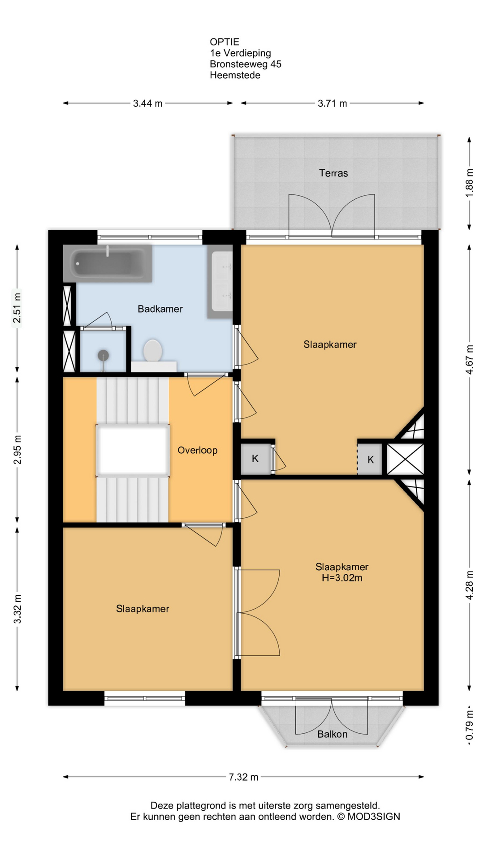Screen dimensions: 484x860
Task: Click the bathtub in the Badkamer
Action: pos(108,263)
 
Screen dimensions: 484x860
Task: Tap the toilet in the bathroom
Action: pos(153,350)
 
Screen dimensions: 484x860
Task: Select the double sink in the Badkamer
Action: pos(220,281)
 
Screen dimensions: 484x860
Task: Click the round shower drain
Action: pos(104,355)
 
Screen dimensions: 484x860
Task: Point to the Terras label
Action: pos(333,173)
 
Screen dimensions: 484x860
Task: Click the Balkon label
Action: pos(333,734)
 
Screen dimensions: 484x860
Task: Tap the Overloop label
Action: pos(198,450)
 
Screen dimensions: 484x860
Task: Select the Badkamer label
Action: pos(160,309)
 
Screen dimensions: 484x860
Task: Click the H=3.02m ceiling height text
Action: pos(342,578)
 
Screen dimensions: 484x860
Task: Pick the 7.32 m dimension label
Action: pos(243,777)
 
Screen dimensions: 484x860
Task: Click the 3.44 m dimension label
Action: pos(147,103)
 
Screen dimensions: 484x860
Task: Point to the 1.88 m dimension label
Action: pos(469,182)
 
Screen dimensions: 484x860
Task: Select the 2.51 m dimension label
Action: pos(17,308)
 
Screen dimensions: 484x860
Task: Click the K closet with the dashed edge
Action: pos(370,460)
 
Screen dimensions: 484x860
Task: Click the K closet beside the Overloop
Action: pos(255,458)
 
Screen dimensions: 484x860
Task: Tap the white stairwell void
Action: pos(133,450)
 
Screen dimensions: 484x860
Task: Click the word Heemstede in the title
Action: pos(235,75)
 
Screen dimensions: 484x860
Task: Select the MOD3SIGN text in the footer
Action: pos(374,817)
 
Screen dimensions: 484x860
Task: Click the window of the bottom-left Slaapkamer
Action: pos(145,698)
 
